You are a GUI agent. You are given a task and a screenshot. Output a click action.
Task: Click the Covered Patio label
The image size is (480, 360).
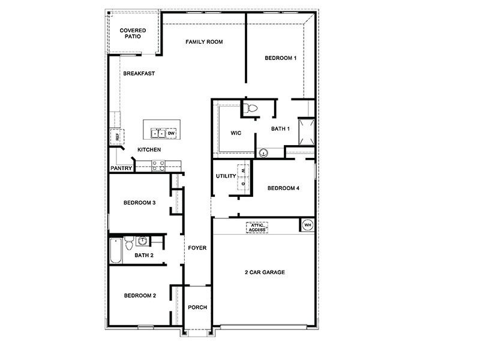133,33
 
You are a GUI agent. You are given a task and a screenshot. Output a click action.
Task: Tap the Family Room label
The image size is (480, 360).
204,42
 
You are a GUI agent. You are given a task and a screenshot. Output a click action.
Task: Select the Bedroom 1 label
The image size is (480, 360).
281,58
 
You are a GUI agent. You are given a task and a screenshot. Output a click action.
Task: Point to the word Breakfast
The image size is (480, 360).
139,74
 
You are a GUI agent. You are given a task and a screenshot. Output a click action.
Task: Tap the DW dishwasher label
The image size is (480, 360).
171,133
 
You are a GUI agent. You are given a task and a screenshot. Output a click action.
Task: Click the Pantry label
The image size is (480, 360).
120,169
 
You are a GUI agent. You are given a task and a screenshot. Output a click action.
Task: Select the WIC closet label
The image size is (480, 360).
236,133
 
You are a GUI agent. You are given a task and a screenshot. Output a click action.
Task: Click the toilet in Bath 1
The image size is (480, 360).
251,108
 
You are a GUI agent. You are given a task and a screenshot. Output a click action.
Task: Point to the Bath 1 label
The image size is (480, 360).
280,128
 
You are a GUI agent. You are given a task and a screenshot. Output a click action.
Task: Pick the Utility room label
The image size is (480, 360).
226,176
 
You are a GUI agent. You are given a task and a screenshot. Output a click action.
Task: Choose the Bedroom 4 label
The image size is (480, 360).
283,188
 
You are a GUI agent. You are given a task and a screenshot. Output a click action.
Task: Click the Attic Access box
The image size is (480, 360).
257,227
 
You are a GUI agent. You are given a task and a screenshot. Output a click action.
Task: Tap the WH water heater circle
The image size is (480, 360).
308,225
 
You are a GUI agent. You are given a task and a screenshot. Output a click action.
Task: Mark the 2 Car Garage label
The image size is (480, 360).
264,272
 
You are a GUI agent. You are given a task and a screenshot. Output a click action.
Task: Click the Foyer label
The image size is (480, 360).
197,247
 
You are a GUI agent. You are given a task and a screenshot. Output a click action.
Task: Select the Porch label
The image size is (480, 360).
197,307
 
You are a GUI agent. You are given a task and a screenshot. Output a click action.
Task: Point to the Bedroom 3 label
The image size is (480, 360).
140,203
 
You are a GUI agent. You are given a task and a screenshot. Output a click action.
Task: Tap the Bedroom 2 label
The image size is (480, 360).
140,295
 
